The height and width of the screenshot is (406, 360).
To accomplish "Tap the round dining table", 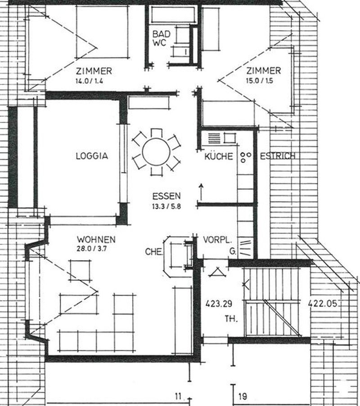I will click(x=155, y=152).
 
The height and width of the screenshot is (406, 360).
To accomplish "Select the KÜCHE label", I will click(x=218, y=156).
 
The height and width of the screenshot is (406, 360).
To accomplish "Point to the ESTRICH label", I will click(x=277, y=156).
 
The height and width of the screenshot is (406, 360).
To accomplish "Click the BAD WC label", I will click(x=160, y=39).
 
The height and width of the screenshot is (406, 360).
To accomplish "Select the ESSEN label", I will click(x=166, y=196).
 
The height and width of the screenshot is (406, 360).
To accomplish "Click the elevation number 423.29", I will click(x=218, y=303).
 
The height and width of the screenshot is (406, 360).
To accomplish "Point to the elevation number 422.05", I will click(x=322, y=303).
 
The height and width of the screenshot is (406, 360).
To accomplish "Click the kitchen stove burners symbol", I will click(x=245, y=157).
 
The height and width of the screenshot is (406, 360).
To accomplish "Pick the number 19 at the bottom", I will click(x=243, y=397).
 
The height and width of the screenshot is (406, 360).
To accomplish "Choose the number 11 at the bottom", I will click(x=178, y=397).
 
